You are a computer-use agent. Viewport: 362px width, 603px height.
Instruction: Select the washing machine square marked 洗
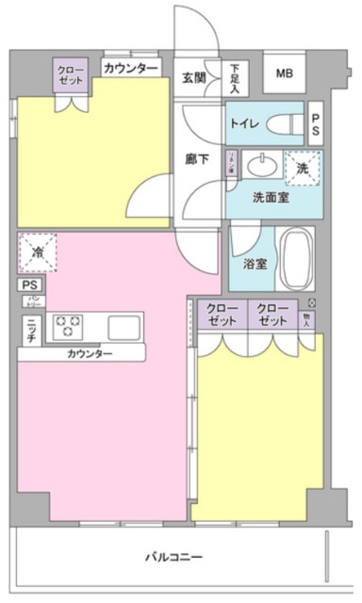(302, 167)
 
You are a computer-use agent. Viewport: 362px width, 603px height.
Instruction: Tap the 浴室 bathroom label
(255, 265)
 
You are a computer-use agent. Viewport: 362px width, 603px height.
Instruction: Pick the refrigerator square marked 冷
(38, 253)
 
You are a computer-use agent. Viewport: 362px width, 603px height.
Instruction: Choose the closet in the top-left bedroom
(70, 76)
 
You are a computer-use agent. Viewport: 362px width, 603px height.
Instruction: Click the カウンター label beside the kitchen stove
(90, 353)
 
